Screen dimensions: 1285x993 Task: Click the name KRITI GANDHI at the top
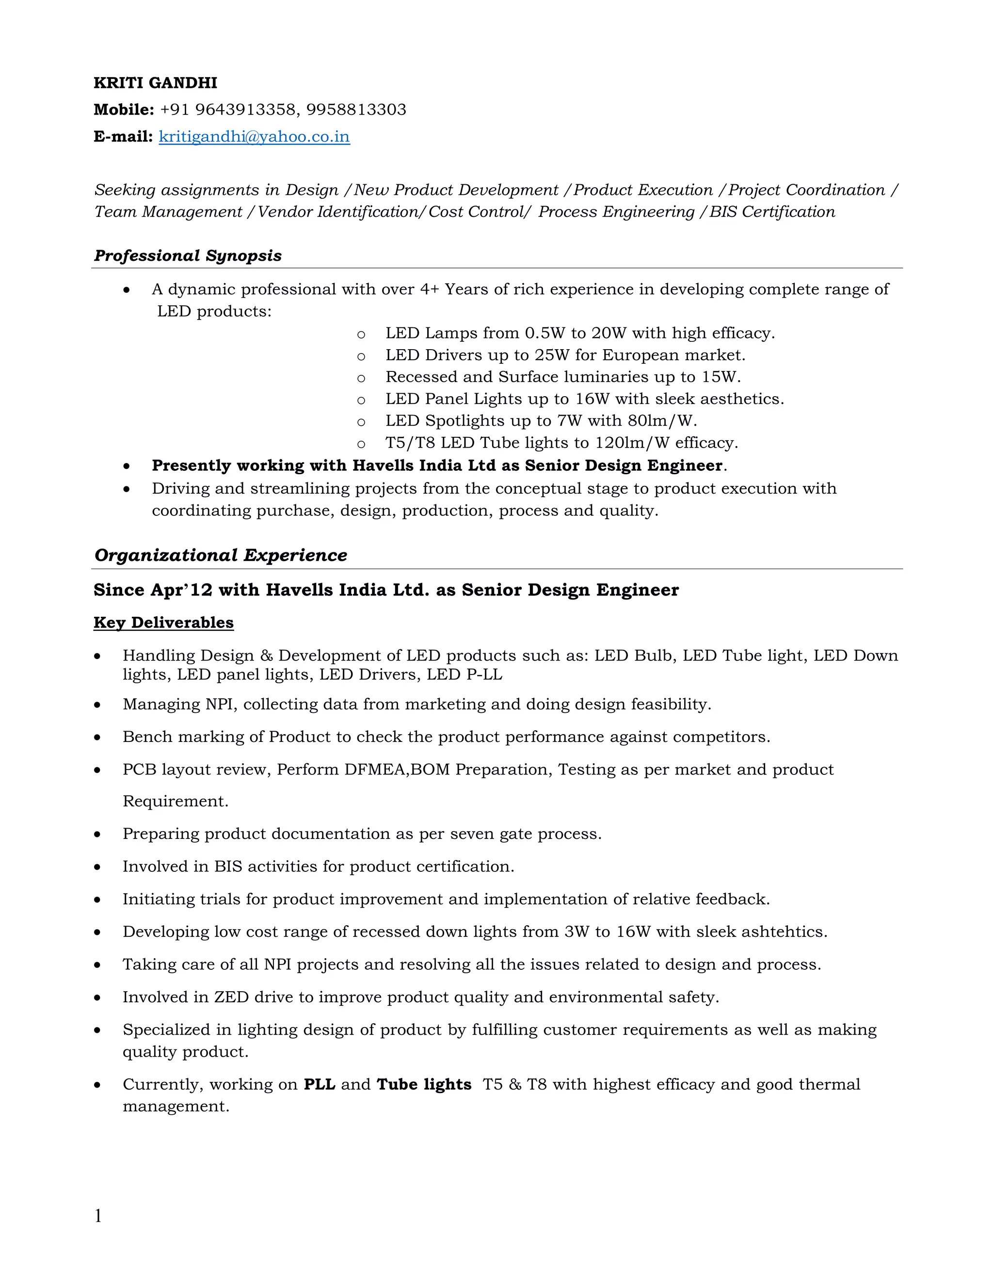(155, 83)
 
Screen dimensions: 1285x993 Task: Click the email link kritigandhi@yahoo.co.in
(254, 137)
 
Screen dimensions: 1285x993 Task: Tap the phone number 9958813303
(356, 110)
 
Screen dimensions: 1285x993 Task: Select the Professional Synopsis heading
(188, 256)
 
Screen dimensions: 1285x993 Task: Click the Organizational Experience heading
(221, 555)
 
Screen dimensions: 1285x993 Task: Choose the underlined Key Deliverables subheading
(163, 623)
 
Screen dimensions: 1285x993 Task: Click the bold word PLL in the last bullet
(320, 1084)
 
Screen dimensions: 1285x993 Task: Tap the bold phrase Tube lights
(424, 1084)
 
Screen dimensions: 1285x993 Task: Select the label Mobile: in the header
(124, 110)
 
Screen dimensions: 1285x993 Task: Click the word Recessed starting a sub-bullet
(421, 377)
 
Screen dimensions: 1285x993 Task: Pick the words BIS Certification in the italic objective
(772, 212)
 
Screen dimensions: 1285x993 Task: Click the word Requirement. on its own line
(176, 802)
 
